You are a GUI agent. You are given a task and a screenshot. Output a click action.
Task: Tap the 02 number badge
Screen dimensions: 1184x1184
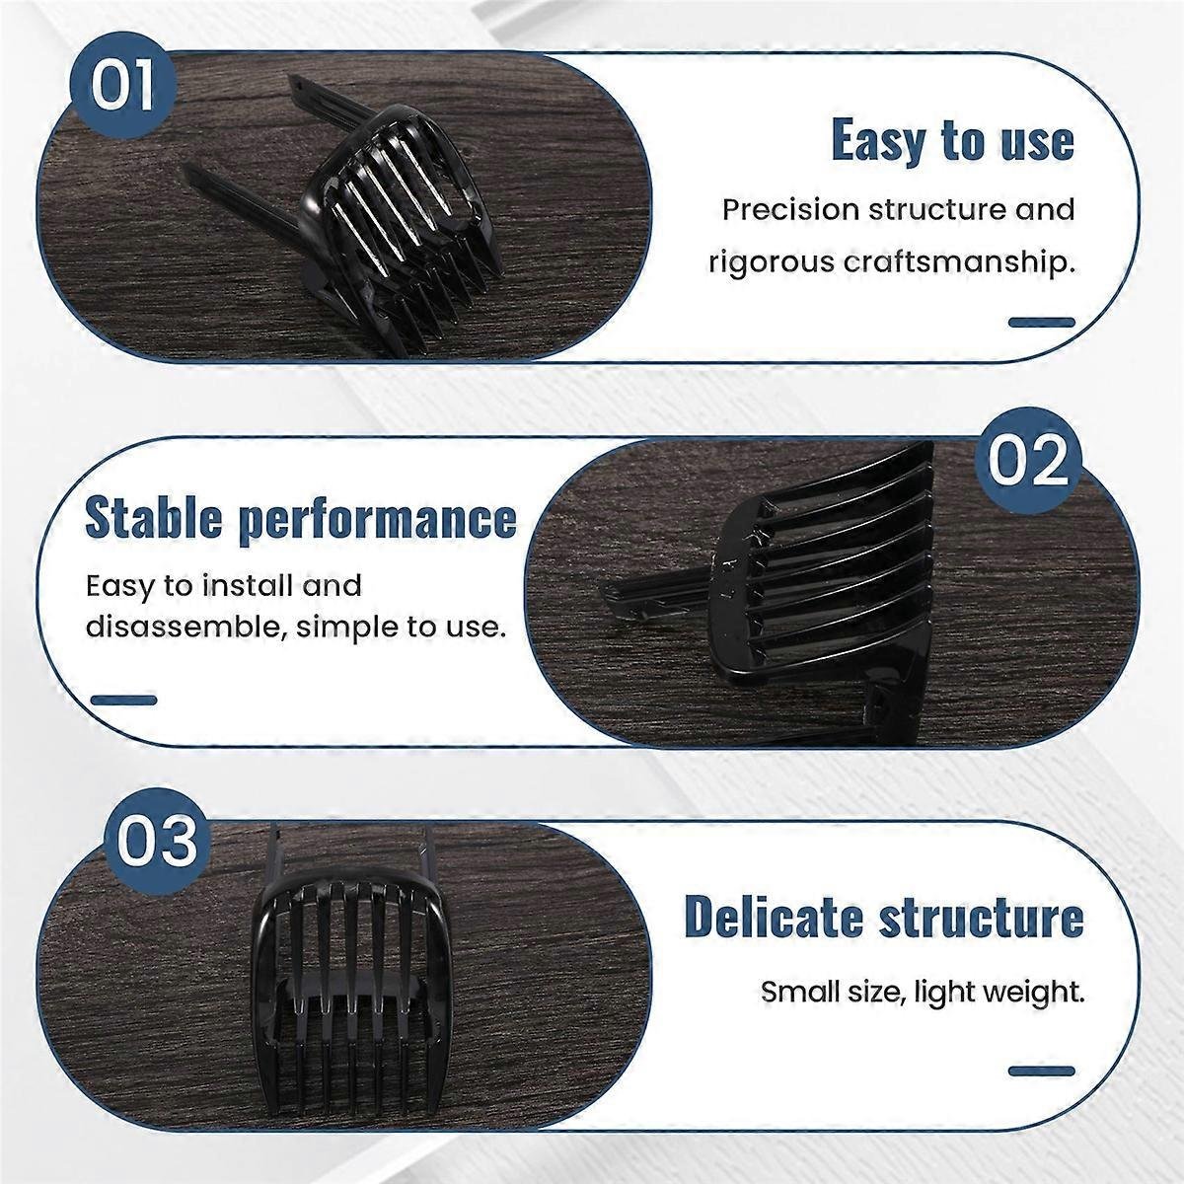click(x=1027, y=463)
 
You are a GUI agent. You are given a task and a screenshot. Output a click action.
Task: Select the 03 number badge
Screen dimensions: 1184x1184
click(x=157, y=842)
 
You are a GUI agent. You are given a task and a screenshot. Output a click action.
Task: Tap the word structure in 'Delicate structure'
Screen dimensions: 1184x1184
click(x=981, y=919)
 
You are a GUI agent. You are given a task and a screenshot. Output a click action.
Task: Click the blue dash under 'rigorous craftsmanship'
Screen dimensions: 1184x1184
click(x=1042, y=322)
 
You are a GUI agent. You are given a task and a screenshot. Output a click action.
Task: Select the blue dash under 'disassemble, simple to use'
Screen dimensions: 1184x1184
click(x=123, y=700)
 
